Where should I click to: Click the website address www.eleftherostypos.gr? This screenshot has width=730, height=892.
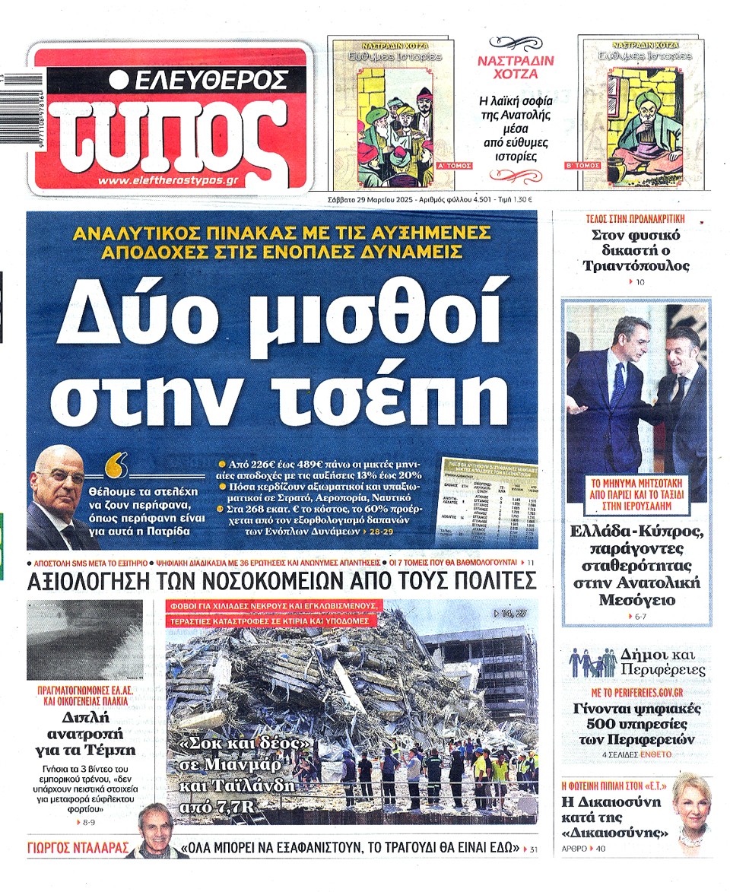168,180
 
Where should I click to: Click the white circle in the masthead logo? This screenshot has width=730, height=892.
118,79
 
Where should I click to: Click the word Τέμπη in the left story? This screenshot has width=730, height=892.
109,749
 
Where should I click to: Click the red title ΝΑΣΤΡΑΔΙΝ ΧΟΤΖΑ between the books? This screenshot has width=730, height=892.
516,67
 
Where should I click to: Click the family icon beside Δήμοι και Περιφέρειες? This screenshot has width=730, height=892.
592,663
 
